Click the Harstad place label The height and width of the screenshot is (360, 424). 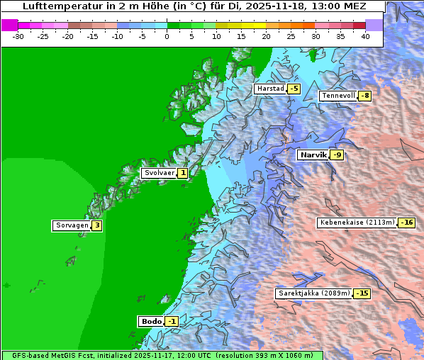[x=270, y=89]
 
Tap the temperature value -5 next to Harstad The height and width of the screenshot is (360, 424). [x=294, y=89]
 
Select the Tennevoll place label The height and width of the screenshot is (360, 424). [x=338, y=96]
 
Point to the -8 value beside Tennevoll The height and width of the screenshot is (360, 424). [x=364, y=96]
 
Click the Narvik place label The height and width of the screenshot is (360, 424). [x=313, y=154]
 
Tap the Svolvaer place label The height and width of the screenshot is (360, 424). [x=159, y=173]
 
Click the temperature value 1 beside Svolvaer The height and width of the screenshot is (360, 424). [x=183, y=173]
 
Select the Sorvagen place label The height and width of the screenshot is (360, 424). [x=72, y=225]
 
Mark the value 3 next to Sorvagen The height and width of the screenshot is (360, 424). [x=97, y=225]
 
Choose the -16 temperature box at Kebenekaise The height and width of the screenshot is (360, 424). [x=406, y=222]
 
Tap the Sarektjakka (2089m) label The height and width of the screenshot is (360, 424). [x=314, y=293]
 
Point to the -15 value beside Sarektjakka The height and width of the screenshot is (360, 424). [x=362, y=293]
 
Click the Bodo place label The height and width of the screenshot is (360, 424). [x=152, y=321]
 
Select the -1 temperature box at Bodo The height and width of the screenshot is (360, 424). [x=172, y=321]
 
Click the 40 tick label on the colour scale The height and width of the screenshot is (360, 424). [x=365, y=36]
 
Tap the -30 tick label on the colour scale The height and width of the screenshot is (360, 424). [x=18, y=36]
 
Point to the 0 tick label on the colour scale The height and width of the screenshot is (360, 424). [x=167, y=36]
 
